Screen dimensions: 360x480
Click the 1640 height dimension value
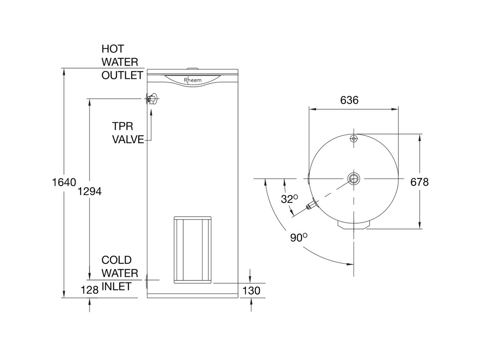pos(64,182)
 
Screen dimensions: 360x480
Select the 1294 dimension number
pos(90,192)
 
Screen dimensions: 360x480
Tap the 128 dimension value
pos(90,290)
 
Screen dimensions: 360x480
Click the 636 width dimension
pos(349,100)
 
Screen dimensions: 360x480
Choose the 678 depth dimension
pos(419,182)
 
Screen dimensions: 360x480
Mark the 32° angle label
pos(289,198)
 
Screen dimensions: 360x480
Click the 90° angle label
pos(298,237)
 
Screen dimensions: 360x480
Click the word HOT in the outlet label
pos(113,49)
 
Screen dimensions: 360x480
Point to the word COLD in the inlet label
pos(116,260)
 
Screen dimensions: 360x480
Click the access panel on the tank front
pos(192,250)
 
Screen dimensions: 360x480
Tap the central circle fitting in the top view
pos(354,178)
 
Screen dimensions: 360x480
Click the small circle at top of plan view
pos(353,138)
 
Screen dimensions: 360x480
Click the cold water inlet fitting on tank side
pos(146,282)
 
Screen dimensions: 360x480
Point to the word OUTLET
pos(122,75)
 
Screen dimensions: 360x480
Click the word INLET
pos(116,286)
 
